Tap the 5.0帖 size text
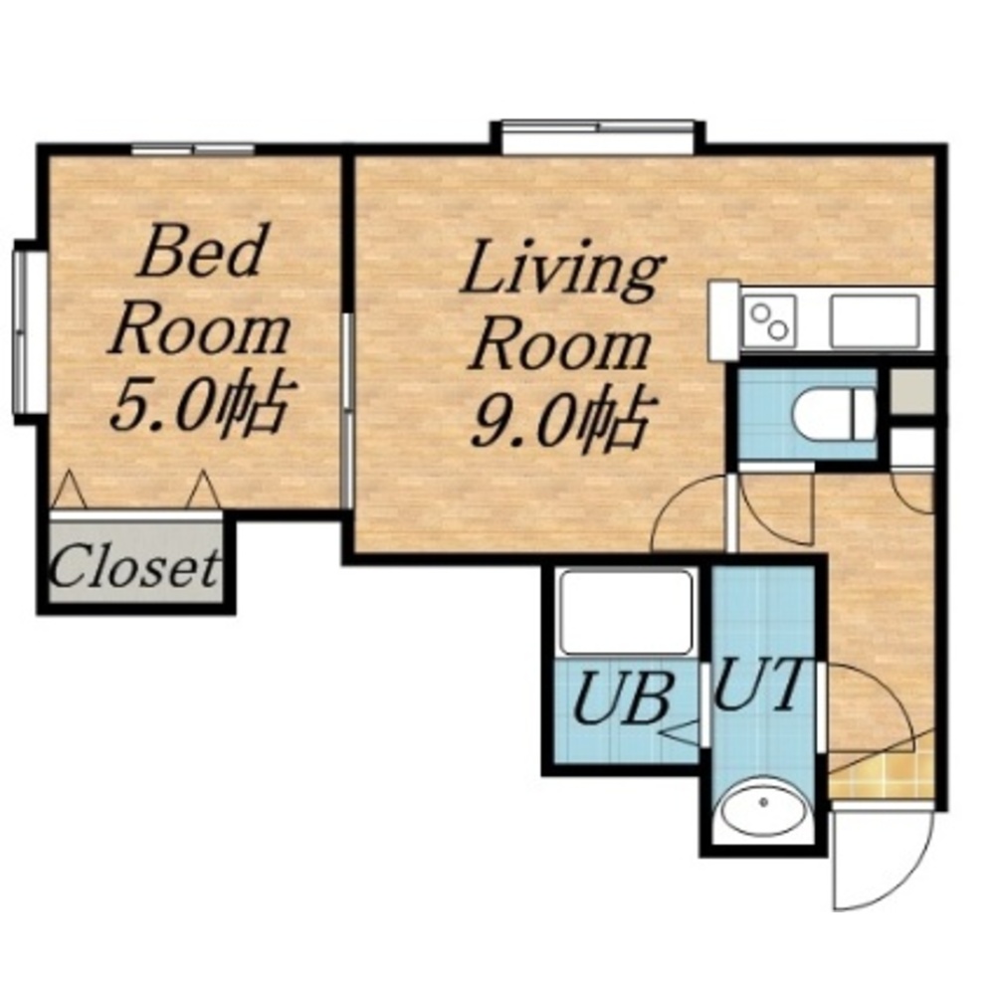196,404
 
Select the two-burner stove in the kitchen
768,321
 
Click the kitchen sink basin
875,321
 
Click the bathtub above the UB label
624,614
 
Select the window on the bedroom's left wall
22,330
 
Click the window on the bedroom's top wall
193,150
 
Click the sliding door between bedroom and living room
346,410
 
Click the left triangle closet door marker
69,490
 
